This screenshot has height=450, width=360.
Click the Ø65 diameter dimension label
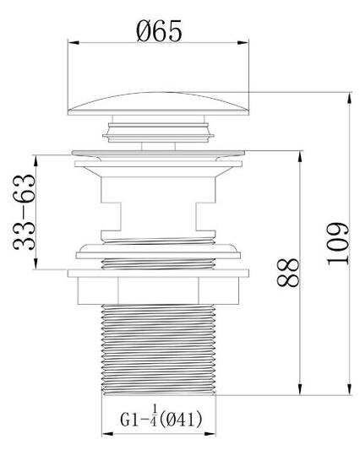[159, 31]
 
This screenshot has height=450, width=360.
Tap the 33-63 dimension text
[25, 212]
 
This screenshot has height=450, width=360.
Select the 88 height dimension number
[288, 273]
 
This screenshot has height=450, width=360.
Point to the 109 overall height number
[338, 244]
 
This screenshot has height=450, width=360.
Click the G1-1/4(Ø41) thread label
[161, 420]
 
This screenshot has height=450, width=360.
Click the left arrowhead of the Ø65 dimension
[74, 43]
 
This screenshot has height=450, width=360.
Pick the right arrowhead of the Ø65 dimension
[243, 43]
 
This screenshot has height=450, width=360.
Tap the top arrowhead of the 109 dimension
[349, 98]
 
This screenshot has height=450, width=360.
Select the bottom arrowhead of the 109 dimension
[349, 389]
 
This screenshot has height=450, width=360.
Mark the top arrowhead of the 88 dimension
[300, 156]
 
